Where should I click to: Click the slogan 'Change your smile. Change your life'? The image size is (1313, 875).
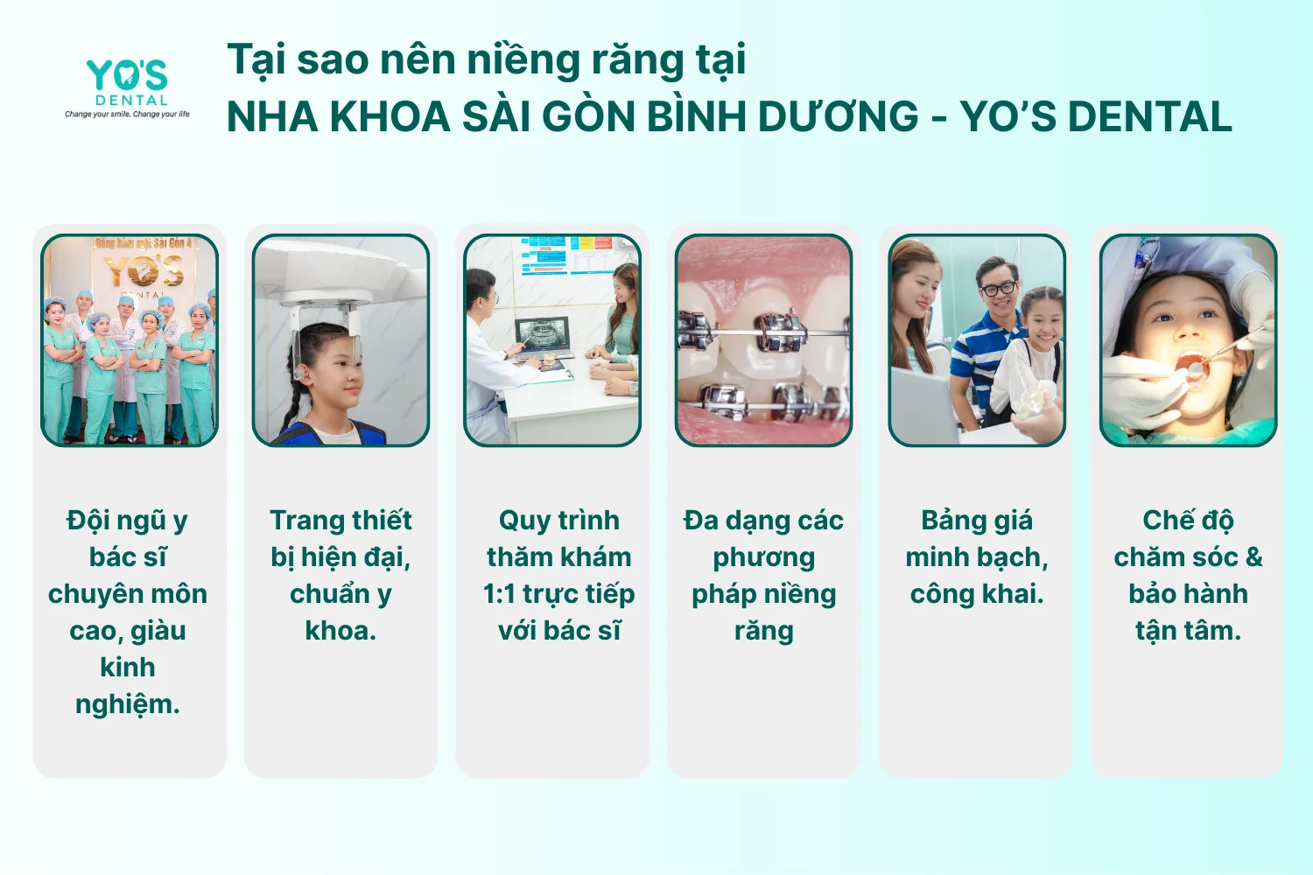(127, 115)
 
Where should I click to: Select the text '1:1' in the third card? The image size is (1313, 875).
(499, 594)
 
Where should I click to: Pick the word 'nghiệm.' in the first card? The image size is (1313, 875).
(127, 705)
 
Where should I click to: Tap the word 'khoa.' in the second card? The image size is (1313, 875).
(341, 631)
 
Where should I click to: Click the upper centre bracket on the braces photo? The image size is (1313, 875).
(778, 332)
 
